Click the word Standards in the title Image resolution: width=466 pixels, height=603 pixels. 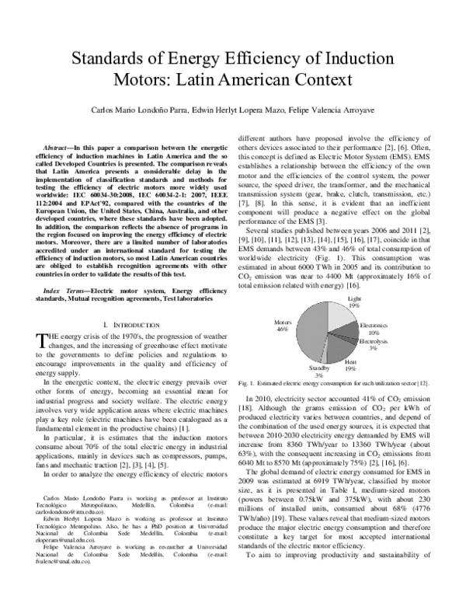click(x=113, y=58)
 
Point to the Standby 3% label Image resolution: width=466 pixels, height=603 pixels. click(x=319, y=371)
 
